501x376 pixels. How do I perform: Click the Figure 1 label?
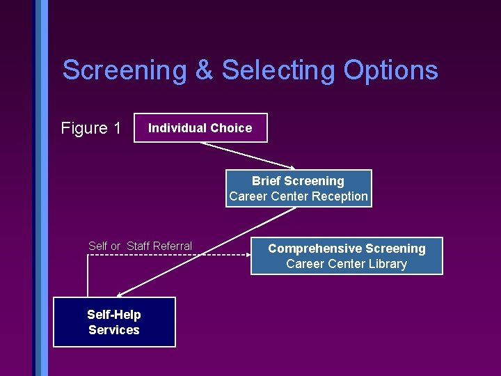coord(91,128)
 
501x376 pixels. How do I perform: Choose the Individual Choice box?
coord(200,128)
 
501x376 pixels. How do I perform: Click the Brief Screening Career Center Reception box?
coord(298,189)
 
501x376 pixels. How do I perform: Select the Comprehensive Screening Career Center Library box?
coord(347,256)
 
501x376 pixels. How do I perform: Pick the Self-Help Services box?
coord(114,322)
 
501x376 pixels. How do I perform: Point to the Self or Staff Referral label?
coord(140,246)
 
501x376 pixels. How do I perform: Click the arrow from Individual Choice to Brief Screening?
coord(244,155)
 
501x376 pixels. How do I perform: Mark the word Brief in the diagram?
coord(267,181)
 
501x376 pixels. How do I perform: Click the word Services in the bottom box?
coord(114,330)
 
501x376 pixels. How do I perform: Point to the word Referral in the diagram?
coord(172,246)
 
